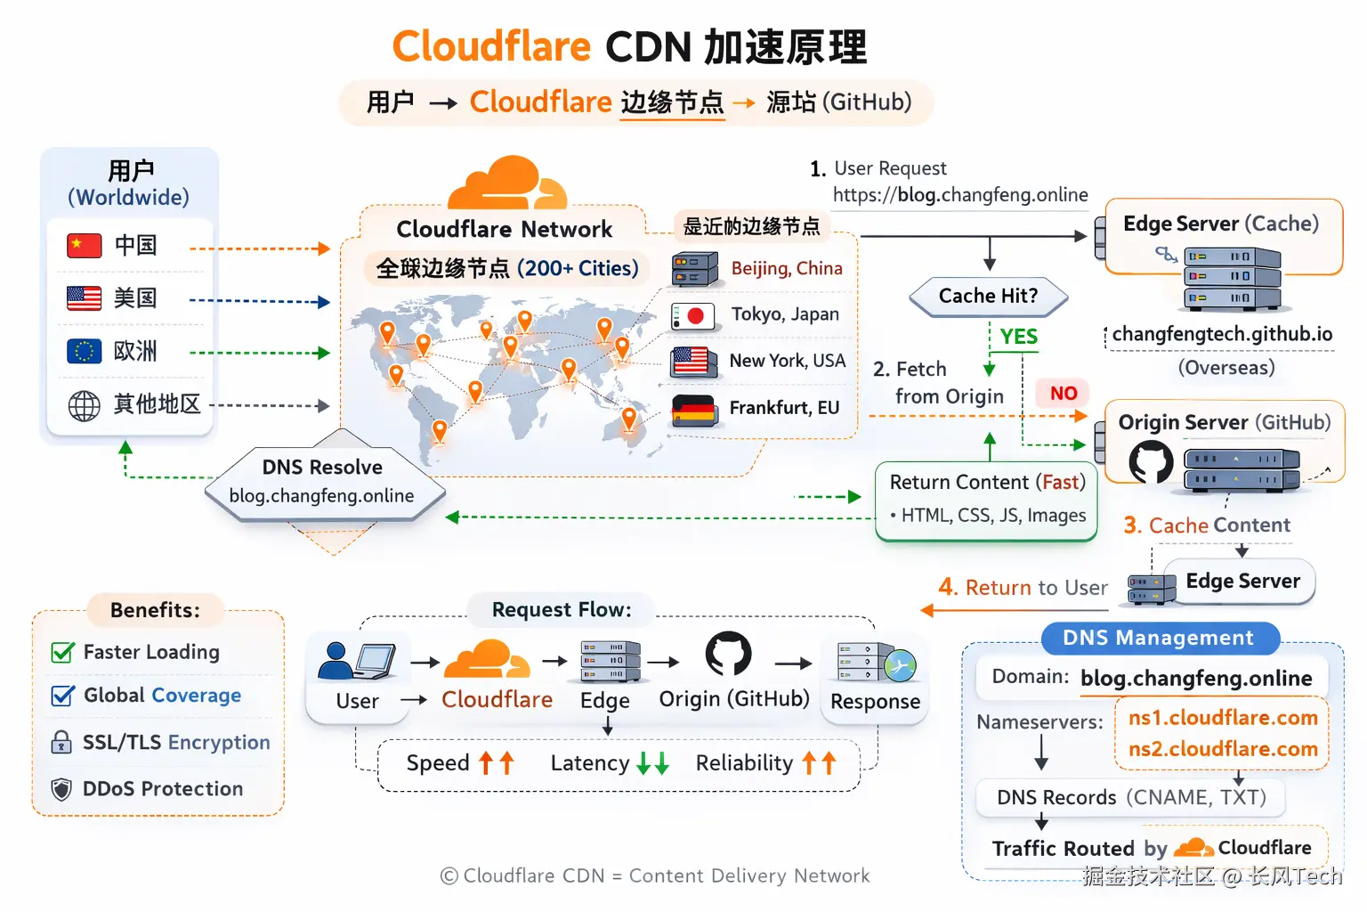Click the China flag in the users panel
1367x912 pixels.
pos(85,245)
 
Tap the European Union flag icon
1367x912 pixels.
pos(85,351)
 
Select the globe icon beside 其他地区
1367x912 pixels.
pos(85,405)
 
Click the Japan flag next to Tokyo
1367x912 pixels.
pos(692,316)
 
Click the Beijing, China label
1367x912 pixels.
pos(787,268)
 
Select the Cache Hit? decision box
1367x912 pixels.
pos(988,297)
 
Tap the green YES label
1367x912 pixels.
pos(1018,336)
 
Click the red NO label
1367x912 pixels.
pos(1064,394)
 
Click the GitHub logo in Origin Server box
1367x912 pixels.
pos(1151,462)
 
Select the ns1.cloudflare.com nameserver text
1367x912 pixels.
pos(1223,717)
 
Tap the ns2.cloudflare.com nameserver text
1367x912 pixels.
pos(1223,748)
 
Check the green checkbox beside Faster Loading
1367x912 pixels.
pos(63,653)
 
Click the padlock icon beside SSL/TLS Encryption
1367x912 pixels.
pos(61,742)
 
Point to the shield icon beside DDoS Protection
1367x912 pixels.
pos(61,789)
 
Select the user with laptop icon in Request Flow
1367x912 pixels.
pos(356,662)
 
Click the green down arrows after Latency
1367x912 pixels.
pos(652,763)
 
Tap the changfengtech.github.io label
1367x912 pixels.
pos(1222,334)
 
